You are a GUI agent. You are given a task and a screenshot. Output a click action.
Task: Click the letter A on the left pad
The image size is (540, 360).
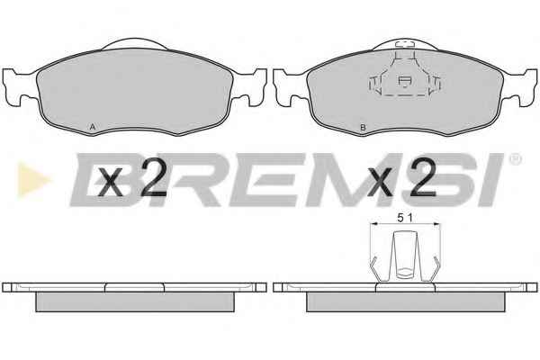tap(93, 127)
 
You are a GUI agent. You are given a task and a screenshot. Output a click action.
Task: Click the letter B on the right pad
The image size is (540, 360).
tap(363, 128)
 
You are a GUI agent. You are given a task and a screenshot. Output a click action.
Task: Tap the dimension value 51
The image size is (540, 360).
tap(405, 218)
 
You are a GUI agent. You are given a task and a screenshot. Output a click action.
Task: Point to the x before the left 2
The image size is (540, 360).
tap(111, 183)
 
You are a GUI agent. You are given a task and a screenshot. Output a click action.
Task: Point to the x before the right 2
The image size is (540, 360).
tap(381, 183)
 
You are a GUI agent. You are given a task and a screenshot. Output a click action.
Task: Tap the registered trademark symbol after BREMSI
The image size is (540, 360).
tap(515, 158)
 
